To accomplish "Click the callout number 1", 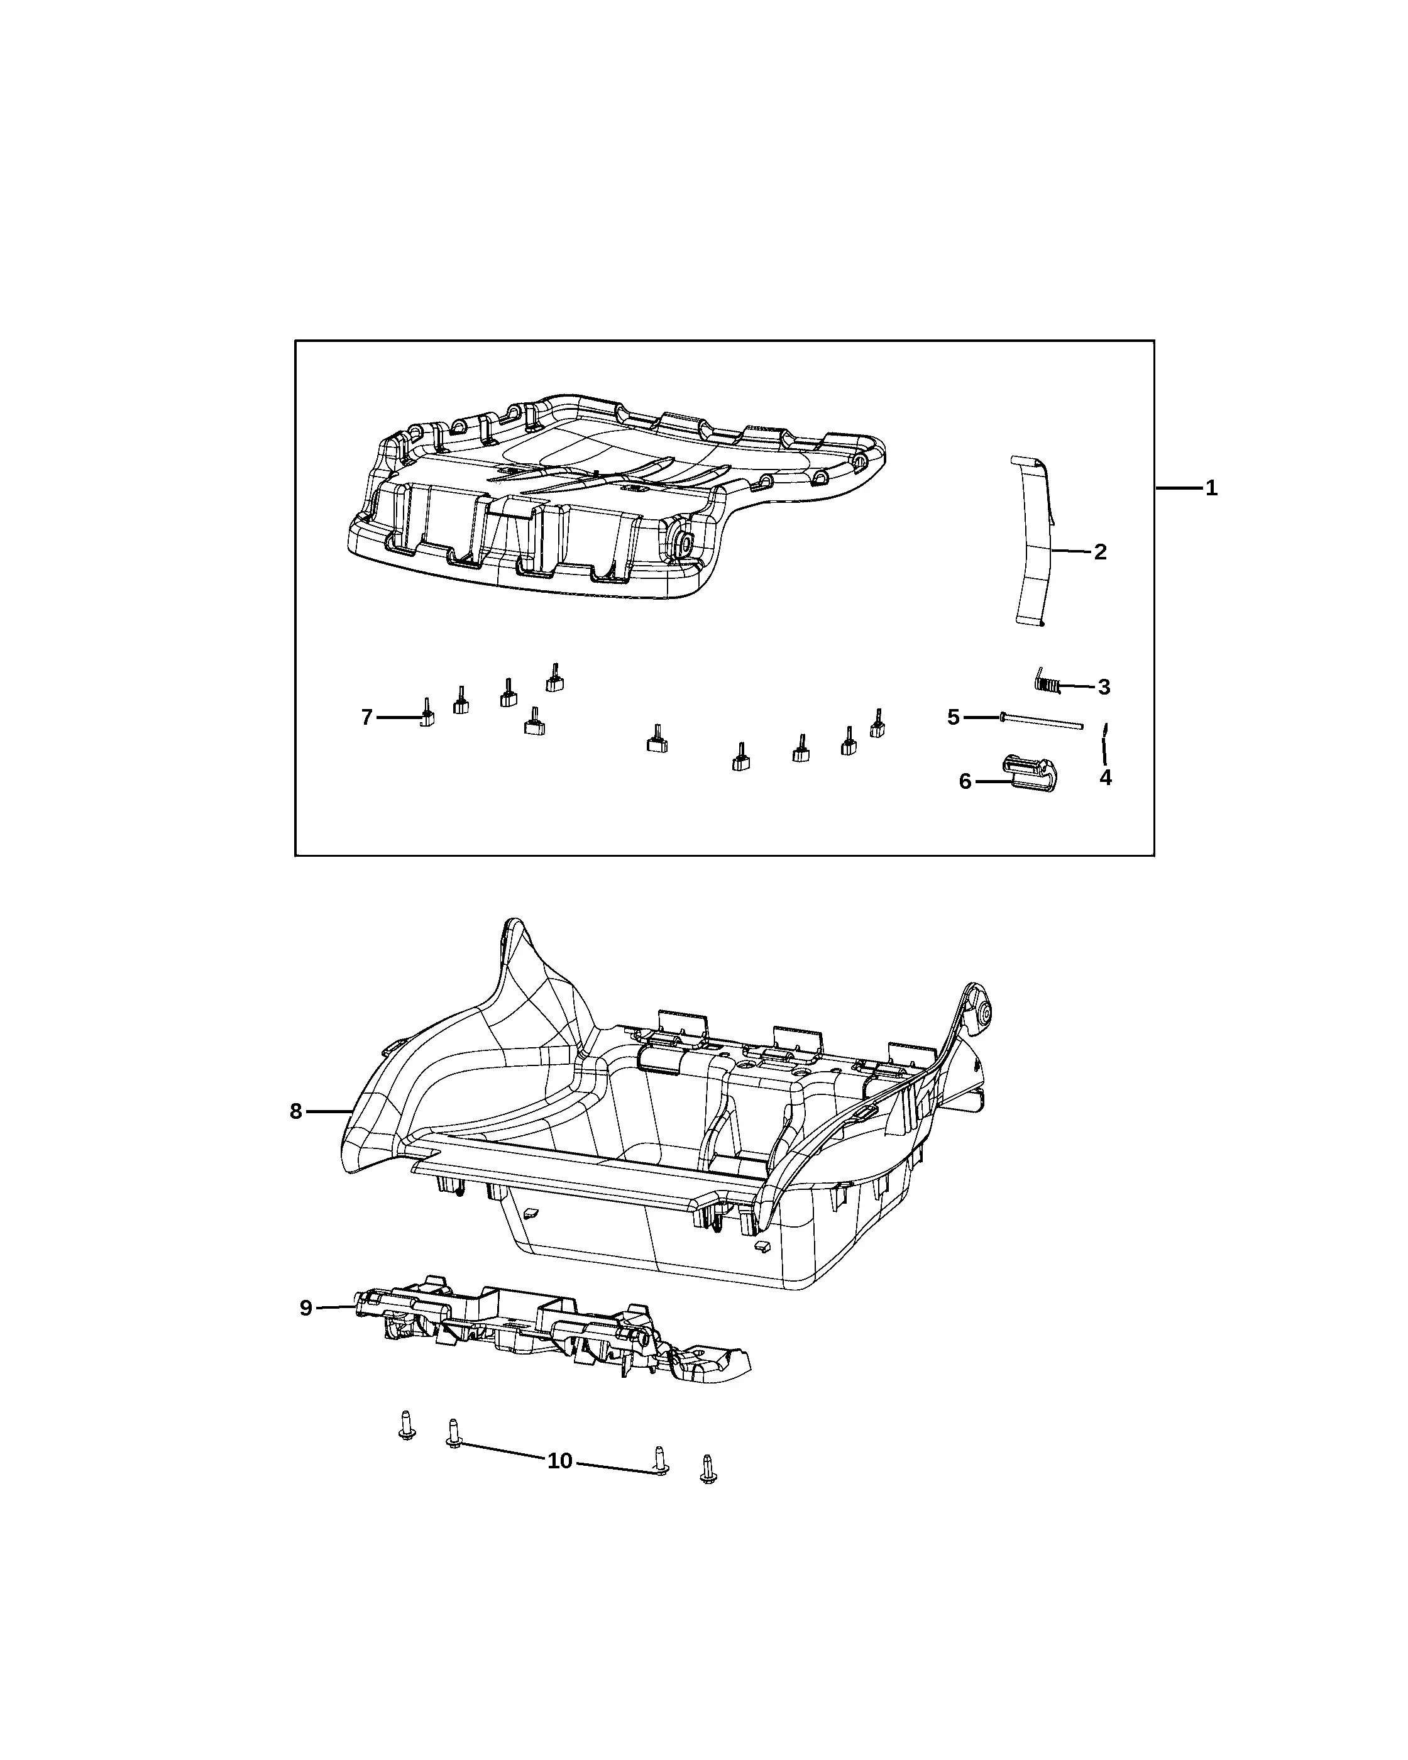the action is (1212, 488).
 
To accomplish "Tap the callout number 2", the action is (1100, 552).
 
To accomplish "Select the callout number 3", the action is (1104, 688).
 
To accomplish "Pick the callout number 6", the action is (965, 782).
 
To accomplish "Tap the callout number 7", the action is (367, 718).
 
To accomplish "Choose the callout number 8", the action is (295, 1111).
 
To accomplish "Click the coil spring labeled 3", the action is (1047, 681).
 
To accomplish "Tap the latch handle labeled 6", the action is (1030, 773).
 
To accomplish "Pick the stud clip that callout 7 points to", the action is (426, 713).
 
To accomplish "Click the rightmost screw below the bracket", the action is (708, 1468).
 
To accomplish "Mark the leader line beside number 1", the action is (1179, 488).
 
